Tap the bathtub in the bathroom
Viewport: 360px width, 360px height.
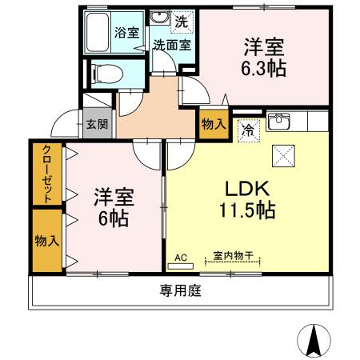[x=100, y=34]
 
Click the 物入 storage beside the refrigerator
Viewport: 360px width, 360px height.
[x=213, y=126]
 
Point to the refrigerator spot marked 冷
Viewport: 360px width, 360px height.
[x=248, y=129]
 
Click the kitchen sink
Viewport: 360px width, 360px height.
[x=280, y=122]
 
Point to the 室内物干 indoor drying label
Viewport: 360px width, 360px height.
[x=233, y=256]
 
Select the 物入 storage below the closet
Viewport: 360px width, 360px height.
[x=46, y=240]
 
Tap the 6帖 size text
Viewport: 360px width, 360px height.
[x=112, y=217]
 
